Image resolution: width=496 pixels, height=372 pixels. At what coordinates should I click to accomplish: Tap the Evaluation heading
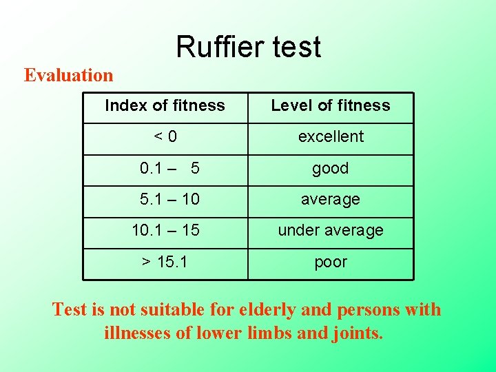[x=68, y=74]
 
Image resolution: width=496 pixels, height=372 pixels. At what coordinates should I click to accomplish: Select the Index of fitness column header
[x=165, y=105]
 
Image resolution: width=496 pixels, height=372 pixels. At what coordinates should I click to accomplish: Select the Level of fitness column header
[x=331, y=105]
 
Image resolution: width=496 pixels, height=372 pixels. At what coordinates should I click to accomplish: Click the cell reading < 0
[x=165, y=136]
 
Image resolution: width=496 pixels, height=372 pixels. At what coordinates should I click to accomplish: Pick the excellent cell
[x=331, y=136]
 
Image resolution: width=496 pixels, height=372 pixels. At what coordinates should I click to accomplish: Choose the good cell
[x=331, y=168]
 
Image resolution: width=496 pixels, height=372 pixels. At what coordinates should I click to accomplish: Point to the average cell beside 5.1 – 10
[x=331, y=199]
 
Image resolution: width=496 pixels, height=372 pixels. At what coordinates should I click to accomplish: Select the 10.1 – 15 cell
[x=165, y=230]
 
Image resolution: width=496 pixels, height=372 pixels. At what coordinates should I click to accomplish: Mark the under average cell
[x=331, y=230]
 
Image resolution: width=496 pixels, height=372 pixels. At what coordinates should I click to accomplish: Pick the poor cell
[x=331, y=262]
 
